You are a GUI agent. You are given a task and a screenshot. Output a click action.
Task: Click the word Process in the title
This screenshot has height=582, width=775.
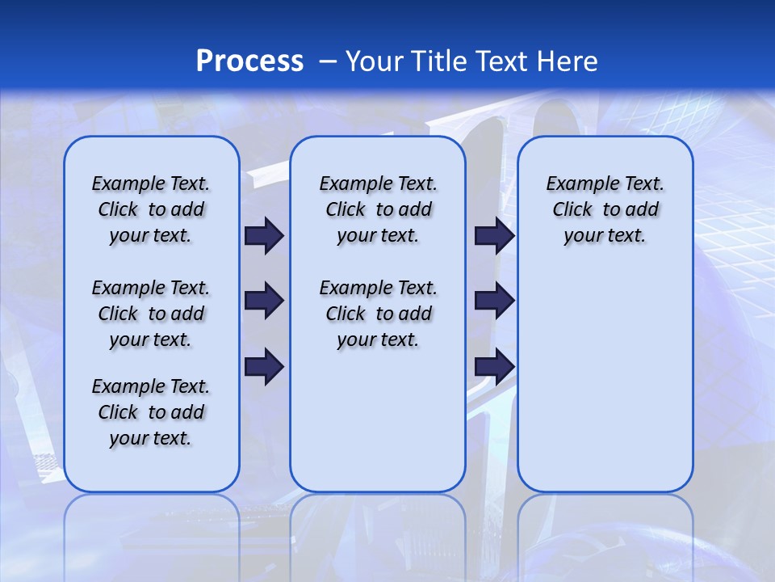click(249, 61)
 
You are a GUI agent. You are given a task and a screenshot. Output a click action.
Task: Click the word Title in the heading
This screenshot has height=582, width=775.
click(440, 61)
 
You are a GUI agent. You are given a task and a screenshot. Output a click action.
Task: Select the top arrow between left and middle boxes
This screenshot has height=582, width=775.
click(264, 236)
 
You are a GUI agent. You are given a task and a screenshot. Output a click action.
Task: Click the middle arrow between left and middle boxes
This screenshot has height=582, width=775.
click(264, 302)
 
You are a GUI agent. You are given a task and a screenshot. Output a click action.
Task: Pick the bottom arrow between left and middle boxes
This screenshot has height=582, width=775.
click(264, 367)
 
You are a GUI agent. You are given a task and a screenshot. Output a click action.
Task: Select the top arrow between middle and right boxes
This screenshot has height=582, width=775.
click(494, 236)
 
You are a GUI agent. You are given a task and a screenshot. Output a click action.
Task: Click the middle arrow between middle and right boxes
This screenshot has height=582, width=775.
click(494, 302)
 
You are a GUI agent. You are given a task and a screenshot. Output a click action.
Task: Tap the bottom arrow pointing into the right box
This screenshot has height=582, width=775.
click(494, 367)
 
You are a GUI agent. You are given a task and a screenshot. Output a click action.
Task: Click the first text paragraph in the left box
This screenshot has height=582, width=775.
click(151, 209)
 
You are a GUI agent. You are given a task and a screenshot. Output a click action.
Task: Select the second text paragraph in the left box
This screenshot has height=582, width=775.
click(151, 314)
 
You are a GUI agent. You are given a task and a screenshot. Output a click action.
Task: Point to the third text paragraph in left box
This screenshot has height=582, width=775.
click(151, 412)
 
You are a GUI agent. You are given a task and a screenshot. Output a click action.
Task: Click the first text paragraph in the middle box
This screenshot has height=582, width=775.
click(378, 209)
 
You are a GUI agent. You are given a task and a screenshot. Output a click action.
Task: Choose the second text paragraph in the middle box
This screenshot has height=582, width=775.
click(378, 314)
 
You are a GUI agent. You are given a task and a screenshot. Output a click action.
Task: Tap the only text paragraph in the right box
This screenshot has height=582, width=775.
click(605, 209)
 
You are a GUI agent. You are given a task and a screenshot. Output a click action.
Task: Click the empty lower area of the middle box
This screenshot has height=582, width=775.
click(378, 420)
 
